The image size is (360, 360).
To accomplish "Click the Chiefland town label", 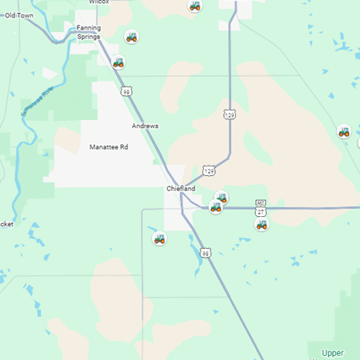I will (180, 188).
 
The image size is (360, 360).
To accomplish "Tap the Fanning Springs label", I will (88, 32).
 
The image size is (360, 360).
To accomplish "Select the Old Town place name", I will (20, 14).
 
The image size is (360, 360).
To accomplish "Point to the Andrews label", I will (145, 126).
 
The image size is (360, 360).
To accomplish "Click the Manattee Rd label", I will (109, 147).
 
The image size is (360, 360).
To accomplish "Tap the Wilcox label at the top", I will (98, 2).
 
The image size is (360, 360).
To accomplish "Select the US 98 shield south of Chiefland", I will (206, 253).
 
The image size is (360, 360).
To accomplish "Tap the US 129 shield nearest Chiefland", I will (209, 170).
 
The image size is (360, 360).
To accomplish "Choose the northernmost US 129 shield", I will (230, 114).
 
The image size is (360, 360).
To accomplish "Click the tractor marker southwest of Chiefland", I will (159, 238).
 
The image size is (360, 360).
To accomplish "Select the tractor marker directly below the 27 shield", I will (262, 224).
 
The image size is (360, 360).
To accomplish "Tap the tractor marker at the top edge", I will (194, 6).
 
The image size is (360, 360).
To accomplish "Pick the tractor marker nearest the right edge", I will (344, 131).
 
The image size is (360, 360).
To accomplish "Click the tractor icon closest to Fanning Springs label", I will (131, 36).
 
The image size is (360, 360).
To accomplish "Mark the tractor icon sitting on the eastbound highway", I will (215, 207).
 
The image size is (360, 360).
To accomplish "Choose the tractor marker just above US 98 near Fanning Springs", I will (118, 62).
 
